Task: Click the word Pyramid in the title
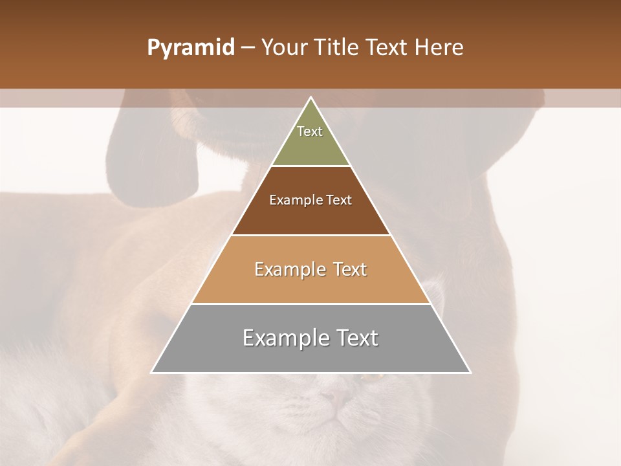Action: coord(191,48)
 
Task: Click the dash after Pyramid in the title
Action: coord(248,48)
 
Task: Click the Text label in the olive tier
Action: coord(310,131)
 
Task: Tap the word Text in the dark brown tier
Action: coord(339,200)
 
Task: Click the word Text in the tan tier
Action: coord(349,269)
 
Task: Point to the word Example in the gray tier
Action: coord(283,338)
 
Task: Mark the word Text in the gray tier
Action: coord(357,338)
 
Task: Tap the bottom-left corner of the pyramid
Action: coord(152,372)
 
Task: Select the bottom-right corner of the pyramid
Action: coord(470,372)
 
